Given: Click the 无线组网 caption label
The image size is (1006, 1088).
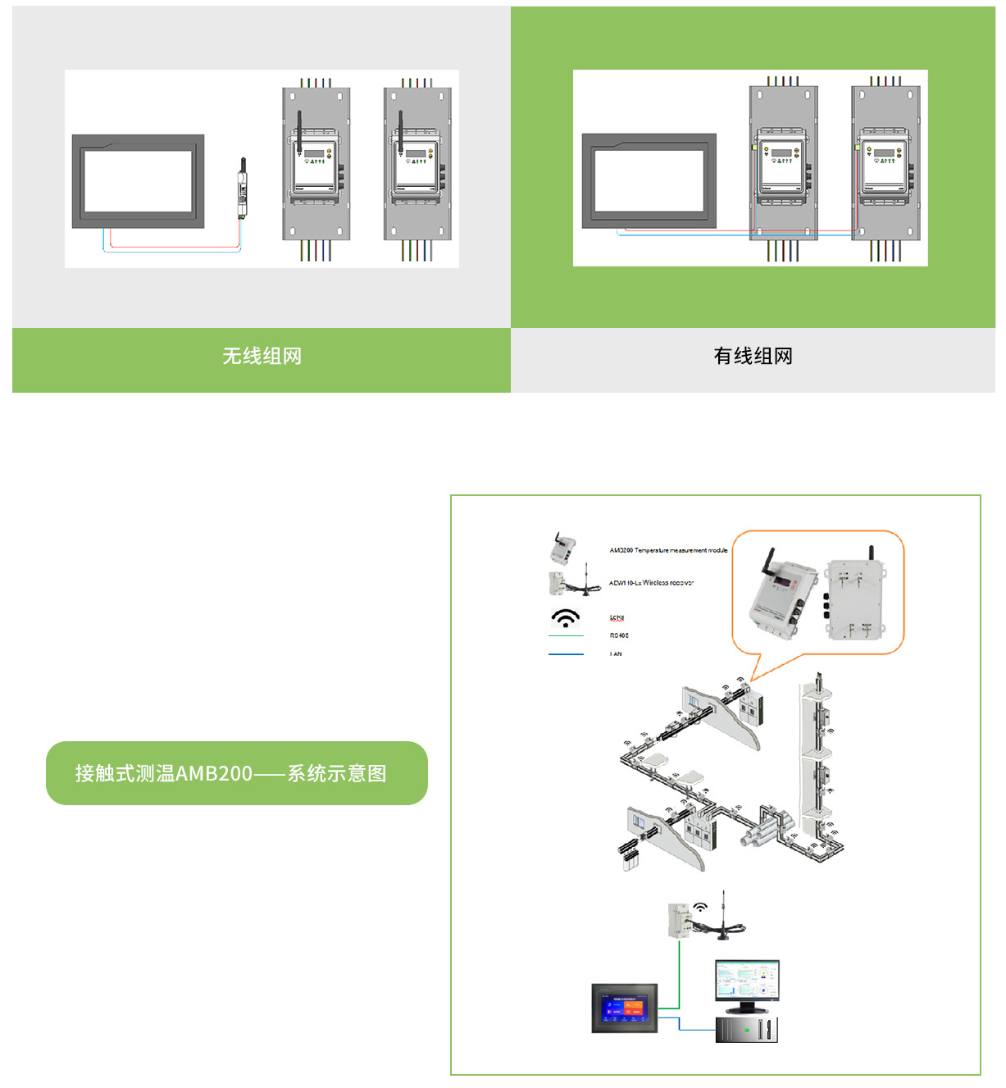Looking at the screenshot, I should point(262,356).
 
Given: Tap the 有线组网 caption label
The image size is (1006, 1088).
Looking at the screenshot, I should point(753,356).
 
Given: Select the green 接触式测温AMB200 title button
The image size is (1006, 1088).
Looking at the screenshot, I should point(236,773).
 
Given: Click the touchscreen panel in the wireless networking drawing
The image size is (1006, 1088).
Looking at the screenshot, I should point(138,181).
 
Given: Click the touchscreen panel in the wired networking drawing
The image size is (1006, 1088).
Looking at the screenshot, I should point(649,180).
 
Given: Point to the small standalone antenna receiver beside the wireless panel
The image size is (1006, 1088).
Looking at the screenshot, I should point(243,189).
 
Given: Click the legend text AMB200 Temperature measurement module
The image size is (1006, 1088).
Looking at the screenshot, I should point(668,550).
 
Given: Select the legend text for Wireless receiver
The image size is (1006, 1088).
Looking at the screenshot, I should point(651,583).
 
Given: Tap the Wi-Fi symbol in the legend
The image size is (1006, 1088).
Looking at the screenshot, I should point(566,617).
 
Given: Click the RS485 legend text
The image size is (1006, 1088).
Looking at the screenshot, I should point(619,635).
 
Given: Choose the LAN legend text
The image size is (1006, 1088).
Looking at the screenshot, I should point(616,654).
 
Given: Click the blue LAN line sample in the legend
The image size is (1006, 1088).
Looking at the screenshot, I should point(566,654).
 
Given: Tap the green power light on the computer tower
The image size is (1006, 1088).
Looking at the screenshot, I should point(746,1030).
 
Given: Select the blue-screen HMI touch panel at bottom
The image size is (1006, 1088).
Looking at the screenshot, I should point(625,1008).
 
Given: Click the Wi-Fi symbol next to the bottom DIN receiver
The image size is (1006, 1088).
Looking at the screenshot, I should point(700,907).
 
